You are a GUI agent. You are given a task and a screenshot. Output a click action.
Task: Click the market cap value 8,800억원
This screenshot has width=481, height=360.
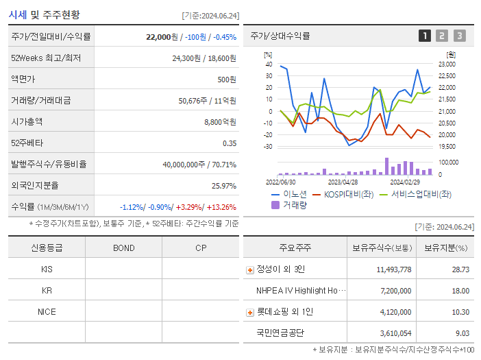pos(220,121)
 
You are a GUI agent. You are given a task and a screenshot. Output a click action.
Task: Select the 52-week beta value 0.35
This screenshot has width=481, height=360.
pos(229,143)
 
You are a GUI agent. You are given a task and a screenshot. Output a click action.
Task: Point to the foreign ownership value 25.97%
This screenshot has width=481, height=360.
pos(224,185)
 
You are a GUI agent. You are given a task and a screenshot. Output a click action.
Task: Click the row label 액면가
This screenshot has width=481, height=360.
pos(22,79)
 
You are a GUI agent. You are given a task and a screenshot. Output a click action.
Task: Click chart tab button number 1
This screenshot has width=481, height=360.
pos(425,36)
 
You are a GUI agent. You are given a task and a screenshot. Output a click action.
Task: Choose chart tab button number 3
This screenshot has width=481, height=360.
pos(459,36)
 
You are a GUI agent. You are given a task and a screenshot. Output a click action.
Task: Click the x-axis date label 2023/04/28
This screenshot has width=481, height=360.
pos(343,182)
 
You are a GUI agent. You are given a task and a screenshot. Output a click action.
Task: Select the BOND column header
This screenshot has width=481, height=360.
pos(123,248)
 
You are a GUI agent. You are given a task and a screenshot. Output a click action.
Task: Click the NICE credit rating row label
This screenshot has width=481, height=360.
pos(47,311)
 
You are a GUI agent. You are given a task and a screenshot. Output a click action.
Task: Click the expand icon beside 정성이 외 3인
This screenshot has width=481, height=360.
pos(249,269)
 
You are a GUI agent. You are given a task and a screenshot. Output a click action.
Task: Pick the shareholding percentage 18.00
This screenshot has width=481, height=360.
pos(460,291)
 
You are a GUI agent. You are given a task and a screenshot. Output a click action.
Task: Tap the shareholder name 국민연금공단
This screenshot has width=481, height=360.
pos(280,333)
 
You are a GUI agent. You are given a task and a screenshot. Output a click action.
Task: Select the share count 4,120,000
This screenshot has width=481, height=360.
pos(394,312)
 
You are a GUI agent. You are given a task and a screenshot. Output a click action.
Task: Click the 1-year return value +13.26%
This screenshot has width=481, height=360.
pos(221,206)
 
